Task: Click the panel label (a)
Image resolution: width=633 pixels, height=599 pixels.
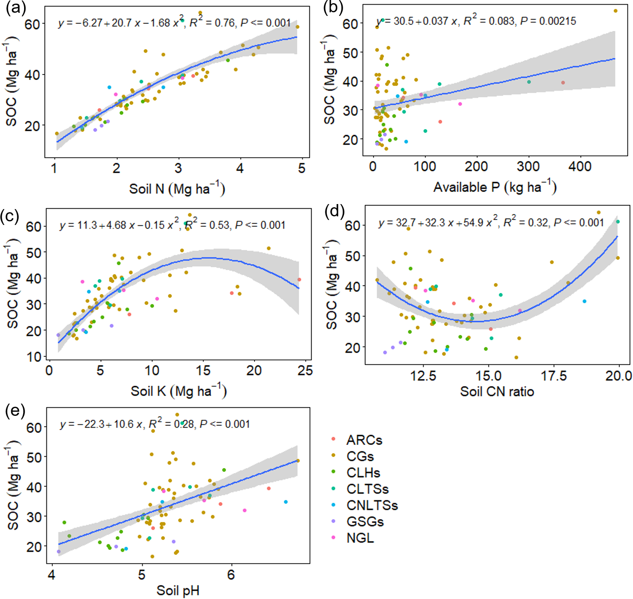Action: point(15,8)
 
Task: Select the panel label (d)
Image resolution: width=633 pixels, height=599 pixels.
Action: point(335,211)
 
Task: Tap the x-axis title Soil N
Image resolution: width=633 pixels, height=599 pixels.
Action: point(177,188)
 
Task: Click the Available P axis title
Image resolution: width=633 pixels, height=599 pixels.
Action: point(495,187)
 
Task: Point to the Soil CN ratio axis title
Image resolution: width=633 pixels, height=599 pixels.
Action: point(497,391)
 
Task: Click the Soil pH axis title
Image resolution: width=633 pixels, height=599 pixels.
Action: point(178,590)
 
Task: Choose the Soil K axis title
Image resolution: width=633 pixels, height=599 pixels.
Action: point(179,391)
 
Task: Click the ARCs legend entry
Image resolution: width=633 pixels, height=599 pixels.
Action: point(364,440)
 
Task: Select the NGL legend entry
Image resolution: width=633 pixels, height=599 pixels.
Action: point(360,538)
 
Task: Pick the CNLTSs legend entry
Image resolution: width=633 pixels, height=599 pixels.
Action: point(372,505)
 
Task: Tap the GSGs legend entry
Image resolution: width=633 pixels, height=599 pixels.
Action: point(365,522)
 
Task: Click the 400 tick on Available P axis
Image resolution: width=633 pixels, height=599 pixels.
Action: point(580,166)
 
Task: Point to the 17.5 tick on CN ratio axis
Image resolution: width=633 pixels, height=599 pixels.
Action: point(553,376)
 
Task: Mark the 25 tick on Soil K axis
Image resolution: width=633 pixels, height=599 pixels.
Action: point(305,370)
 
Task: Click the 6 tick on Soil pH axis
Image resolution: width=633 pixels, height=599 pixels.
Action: point(231,575)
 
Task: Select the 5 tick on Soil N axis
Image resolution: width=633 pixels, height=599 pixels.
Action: point(302,168)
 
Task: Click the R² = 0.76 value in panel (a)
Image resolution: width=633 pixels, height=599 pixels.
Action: point(213,22)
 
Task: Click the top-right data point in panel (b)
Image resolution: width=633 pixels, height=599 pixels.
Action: point(616,11)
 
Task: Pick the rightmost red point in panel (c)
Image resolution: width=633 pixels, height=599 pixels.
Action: point(299,280)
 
